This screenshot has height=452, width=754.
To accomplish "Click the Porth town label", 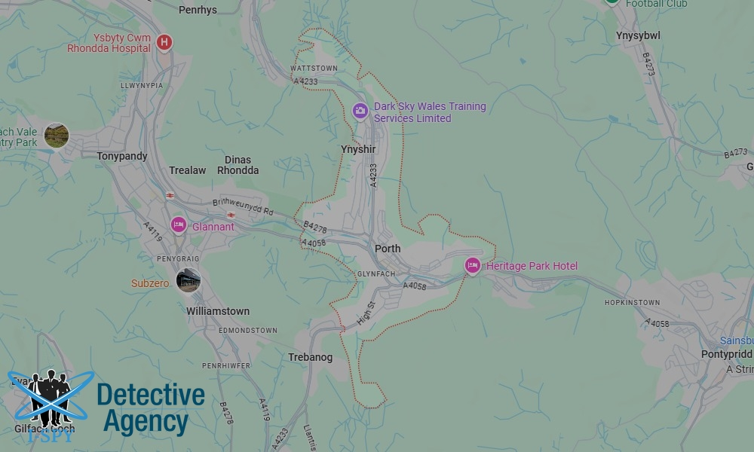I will pos(388,249).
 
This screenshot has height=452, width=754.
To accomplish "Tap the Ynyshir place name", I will pos(358,149).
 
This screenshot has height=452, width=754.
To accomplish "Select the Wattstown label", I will pos(314,68).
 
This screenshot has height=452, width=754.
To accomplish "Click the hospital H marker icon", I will pos(164,42).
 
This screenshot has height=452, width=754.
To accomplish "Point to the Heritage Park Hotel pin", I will pos(473,265).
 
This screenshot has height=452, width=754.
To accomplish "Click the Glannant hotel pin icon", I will pos(179,224).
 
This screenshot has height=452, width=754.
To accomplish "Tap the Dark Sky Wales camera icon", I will pos(360,111).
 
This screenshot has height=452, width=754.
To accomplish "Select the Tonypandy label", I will pos(122,156).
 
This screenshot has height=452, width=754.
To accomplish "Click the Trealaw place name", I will pos(187,170).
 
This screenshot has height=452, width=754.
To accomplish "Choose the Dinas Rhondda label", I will pos(238,165).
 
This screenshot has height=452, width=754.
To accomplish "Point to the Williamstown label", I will pos(218,311).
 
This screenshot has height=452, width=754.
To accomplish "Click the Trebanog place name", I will pos(310,357).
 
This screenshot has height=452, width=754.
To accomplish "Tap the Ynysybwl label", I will pos(638,35).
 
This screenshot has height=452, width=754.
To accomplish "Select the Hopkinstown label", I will pos(632,303).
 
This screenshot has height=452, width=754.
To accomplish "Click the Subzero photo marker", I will pos(188,281).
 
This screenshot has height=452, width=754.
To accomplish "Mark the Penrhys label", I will pos(198,11).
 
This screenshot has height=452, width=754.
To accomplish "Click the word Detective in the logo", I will pos(151,395).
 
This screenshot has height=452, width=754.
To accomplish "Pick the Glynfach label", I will pos(376,273).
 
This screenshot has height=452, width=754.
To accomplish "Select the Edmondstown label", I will pos(247,330).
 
